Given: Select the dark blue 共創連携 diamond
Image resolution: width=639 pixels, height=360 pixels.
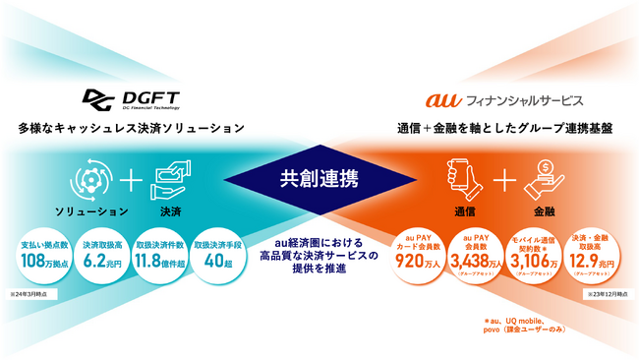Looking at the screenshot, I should (319, 180).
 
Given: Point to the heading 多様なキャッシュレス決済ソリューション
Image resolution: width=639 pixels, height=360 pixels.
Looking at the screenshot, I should (131, 129).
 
